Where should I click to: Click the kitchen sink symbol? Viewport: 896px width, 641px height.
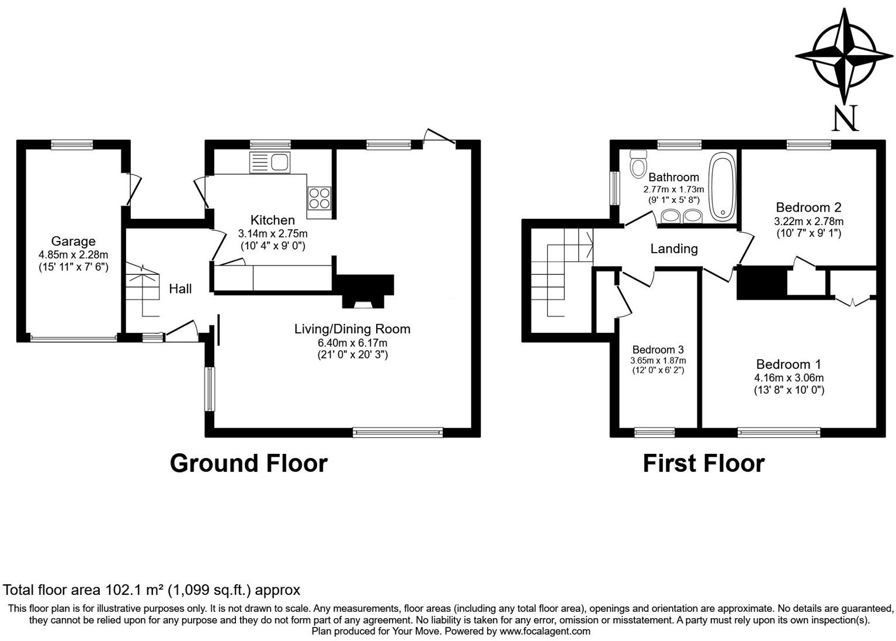(x=269, y=162)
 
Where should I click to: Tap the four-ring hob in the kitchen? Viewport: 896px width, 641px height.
(x=319, y=197)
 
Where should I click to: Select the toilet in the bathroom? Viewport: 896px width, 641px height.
(x=638, y=163)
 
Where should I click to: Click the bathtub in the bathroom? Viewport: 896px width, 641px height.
(x=723, y=187)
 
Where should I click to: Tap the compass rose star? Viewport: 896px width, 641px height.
(x=844, y=56)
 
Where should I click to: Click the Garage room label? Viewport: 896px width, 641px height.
(x=73, y=241)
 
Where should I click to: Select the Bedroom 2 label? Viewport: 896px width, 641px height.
(x=808, y=207)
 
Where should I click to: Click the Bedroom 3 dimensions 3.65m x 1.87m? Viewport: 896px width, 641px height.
(x=658, y=361)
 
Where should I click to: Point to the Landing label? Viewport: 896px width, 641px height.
(x=674, y=249)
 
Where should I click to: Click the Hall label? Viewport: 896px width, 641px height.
(x=180, y=288)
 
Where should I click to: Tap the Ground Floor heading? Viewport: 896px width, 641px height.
(x=248, y=463)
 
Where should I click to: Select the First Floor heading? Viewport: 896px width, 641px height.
(x=703, y=463)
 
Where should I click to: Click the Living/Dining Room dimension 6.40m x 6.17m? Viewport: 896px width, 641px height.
(x=352, y=343)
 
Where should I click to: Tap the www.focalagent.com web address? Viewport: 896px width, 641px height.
(x=545, y=631)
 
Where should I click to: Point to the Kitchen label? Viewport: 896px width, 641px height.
(x=272, y=220)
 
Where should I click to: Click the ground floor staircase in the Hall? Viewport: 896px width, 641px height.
(x=143, y=290)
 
